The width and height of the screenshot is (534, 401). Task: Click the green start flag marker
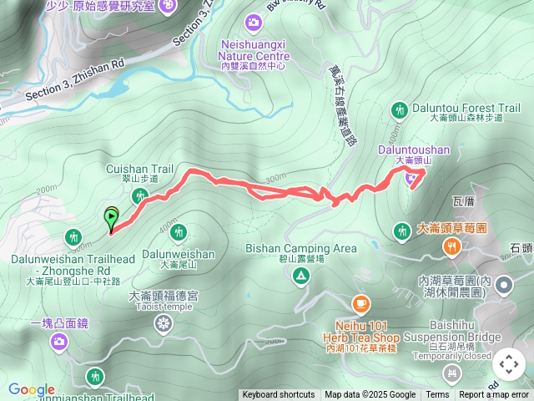point(111,218)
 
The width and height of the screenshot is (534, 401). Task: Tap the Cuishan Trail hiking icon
point(139,195)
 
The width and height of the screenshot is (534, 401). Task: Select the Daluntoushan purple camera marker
point(411,176)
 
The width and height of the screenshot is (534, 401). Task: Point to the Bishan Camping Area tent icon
point(301,277)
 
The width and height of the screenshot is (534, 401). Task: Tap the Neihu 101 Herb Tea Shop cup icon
point(360,303)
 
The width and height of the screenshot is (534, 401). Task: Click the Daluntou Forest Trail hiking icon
point(400,109)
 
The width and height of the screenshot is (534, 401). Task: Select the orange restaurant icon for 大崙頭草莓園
point(451,246)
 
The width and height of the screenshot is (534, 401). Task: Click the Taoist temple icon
point(163,322)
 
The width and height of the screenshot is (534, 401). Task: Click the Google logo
point(32,389)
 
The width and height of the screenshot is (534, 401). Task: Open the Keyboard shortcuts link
point(279,395)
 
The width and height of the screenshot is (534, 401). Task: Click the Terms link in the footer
point(437,395)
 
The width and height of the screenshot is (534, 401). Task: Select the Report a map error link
point(494,395)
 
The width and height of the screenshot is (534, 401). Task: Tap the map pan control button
point(508,364)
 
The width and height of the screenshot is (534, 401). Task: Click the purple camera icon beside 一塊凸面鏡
point(59,341)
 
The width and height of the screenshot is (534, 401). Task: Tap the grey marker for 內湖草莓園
point(504,287)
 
